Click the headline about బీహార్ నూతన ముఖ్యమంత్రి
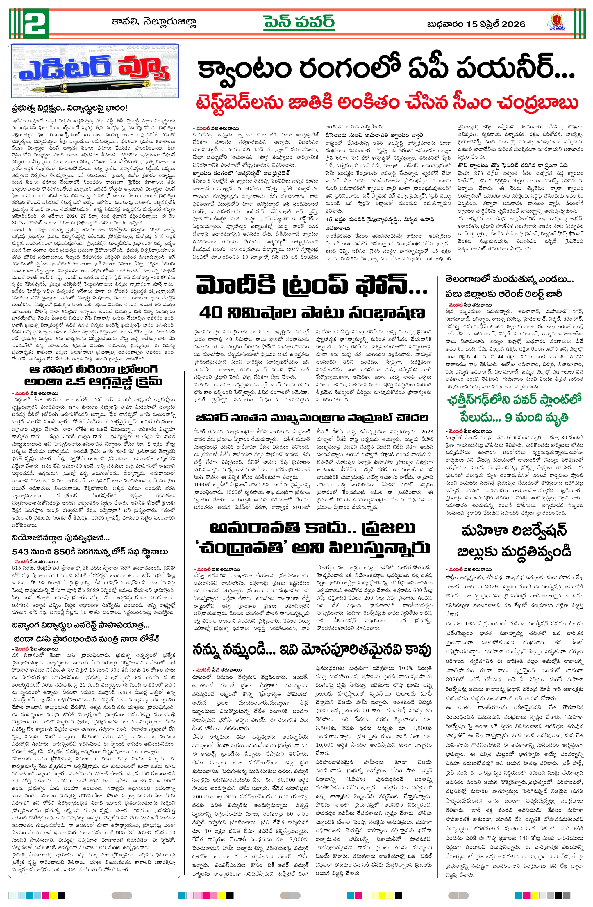(312, 418)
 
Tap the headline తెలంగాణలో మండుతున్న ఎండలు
(509, 279)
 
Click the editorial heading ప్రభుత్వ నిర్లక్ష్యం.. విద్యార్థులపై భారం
(69, 108)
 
